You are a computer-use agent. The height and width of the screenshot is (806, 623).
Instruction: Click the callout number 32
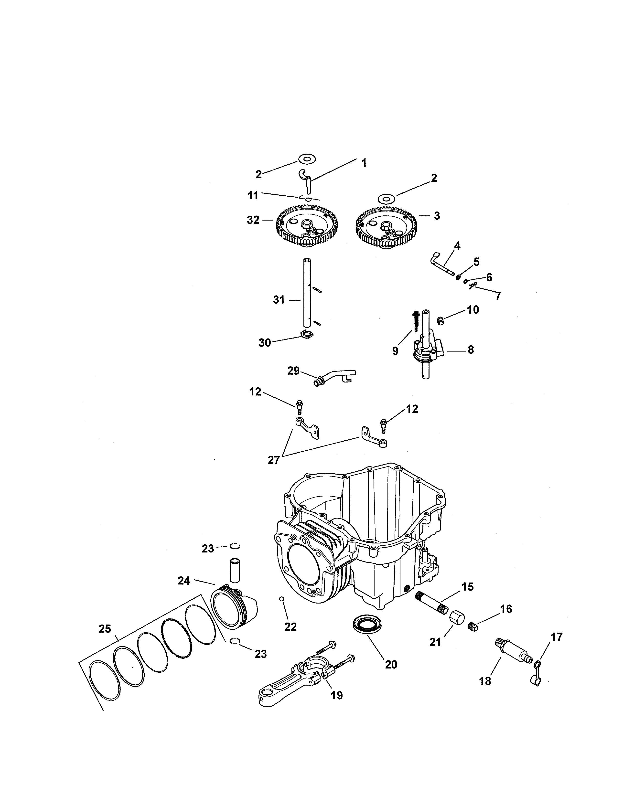pyautogui.click(x=253, y=220)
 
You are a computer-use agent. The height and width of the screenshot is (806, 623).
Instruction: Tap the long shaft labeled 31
pyautogui.click(x=307, y=293)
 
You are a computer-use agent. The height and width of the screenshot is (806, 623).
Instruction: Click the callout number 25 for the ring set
pyautogui.click(x=105, y=628)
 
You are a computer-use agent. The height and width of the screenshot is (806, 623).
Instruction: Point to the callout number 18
pyautogui.click(x=485, y=681)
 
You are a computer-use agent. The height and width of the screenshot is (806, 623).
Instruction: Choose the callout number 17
pyautogui.click(x=557, y=636)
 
